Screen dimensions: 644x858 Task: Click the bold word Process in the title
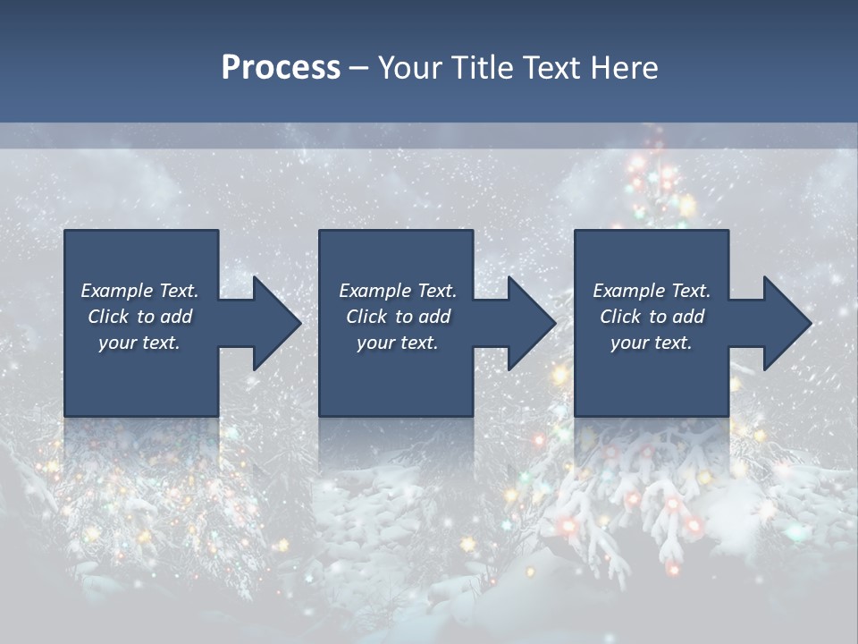[x=281, y=68]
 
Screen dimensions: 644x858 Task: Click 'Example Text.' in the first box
[x=139, y=291]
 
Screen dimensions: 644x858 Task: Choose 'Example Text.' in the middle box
[x=398, y=291]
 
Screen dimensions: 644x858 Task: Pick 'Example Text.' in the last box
[x=652, y=291]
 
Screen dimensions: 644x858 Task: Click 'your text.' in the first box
[x=139, y=343]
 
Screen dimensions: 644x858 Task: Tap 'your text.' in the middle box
[x=398, y=343]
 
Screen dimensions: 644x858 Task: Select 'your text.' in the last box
[x=652, y=343]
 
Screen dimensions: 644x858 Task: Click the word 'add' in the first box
[x=176, y=317]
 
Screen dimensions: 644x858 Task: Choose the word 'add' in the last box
[x=688, y=317]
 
